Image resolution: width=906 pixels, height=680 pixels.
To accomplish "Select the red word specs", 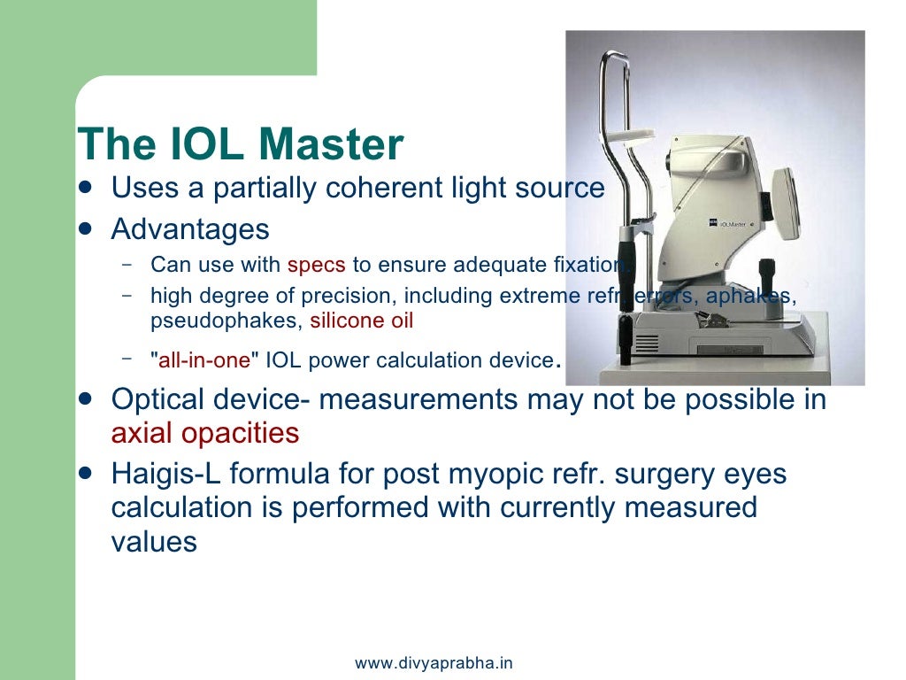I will [x=316, y=265].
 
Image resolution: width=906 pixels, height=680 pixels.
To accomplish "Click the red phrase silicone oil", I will [x=361, y=321].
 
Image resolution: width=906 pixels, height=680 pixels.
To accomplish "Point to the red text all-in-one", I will [x=204, y=361].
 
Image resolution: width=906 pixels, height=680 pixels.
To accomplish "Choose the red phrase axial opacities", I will [x=205, y=433].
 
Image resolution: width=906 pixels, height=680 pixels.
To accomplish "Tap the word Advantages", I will [x=190, y=229].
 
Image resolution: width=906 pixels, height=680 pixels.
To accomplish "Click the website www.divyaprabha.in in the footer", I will [x=434, y=663].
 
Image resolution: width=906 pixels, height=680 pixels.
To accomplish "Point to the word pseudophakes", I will [x=226, y=321].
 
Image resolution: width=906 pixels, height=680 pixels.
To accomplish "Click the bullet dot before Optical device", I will [x=85, y=398].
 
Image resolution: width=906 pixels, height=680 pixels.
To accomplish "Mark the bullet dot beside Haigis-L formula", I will [x=85, y=473].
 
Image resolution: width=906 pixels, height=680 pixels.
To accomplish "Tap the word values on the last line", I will [x=154, y=541].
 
